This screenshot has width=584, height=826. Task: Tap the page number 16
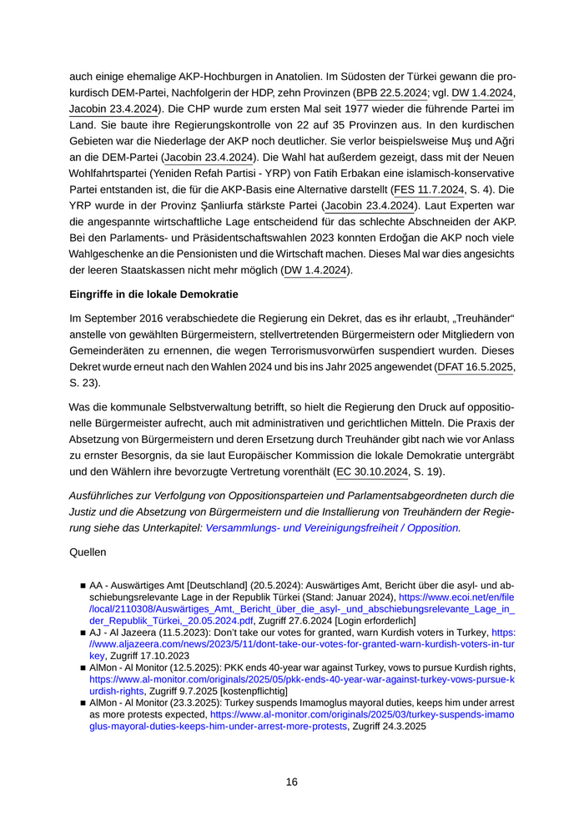(291, 782)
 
